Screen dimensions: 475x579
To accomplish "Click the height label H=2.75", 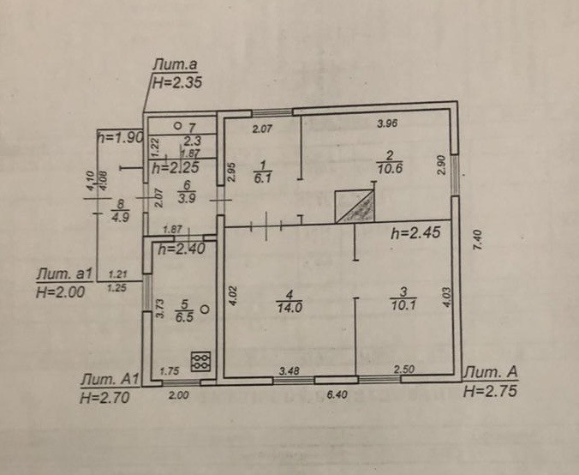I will [x=489, y=390].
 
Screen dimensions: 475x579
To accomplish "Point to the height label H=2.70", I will [x=104, y=397].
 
